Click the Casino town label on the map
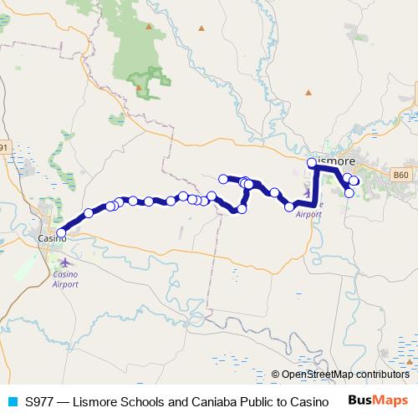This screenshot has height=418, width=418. point(52,239)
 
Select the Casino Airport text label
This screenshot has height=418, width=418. point(65,278)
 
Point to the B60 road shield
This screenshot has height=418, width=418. point(401,175)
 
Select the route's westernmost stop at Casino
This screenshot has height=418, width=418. point(60,233)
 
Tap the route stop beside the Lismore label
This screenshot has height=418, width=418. point(312,162)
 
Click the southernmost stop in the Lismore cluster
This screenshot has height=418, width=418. point(349,193)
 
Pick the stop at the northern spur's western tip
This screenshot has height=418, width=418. point(222,178)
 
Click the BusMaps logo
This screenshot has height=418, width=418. point(378,401)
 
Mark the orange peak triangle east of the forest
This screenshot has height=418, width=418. point(201,28)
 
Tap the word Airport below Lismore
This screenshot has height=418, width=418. point(308,214)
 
